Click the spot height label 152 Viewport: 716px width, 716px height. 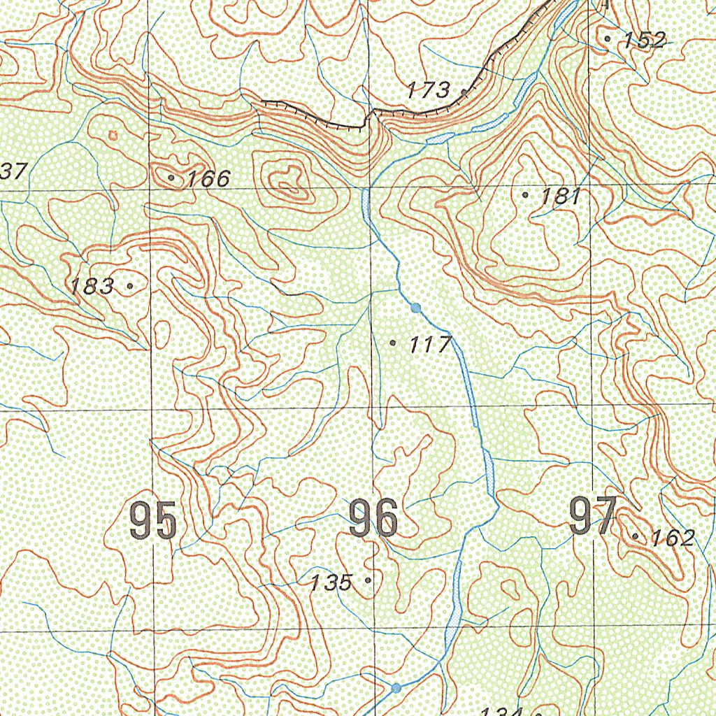645,40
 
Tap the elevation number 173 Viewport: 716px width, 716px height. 429,89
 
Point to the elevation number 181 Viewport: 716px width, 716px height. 561,196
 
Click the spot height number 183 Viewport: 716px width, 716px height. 92,286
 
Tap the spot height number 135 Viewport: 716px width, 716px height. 331,582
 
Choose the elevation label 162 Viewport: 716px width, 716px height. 673,538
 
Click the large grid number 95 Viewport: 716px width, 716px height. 152,521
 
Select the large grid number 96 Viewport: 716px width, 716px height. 373,520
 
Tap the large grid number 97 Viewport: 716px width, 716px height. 593,517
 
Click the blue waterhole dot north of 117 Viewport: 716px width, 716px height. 416,308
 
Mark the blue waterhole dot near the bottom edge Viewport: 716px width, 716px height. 396,688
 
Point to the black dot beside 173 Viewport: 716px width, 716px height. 464,91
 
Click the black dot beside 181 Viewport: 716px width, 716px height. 526,195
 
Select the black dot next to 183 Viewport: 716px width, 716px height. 130,286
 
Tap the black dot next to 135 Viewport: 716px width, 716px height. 368,580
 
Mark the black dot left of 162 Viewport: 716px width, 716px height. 636,536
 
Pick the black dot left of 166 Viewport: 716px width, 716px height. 172,178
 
